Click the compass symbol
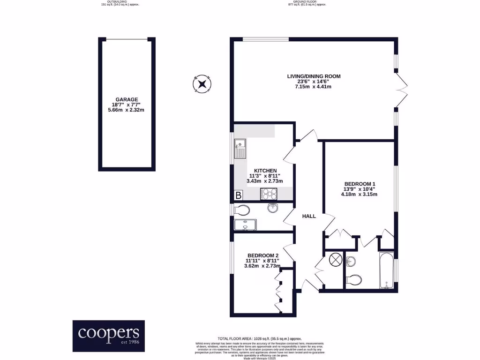click(202, 84)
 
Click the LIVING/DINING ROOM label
click(314, 76)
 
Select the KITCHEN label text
click(265, 170)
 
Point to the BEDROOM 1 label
click(360, 184)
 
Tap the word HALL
click(309, 217)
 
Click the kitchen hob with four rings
click(269, 192)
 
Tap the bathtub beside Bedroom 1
click(387, 271)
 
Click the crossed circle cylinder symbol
click(336, 260)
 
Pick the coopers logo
click(109, 336)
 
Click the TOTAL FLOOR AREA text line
click(260, 338)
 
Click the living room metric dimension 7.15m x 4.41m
click(314, 87)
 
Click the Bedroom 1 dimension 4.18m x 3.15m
click(360, 194)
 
